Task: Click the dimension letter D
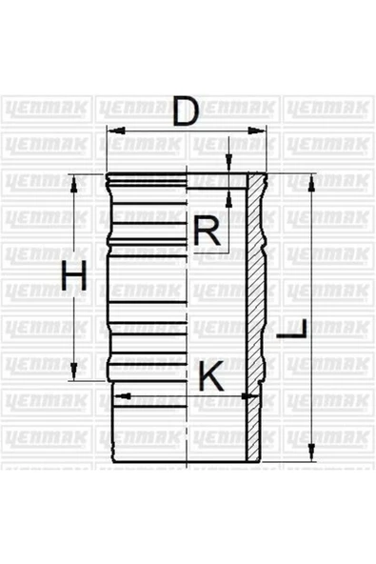click(x=188, y=113)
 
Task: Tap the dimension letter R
click(x=207, y=231)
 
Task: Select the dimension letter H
click(x=74, y=277)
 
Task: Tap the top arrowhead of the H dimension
click(x=74, y=178)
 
